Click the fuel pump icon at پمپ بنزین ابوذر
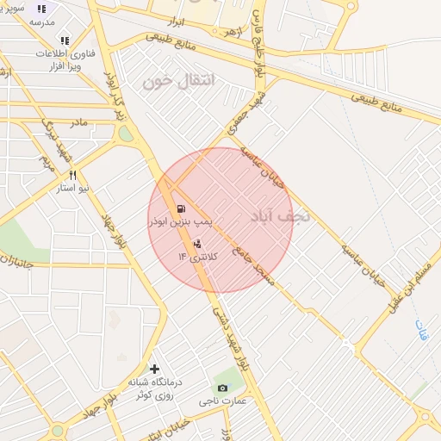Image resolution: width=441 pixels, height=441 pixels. [180, 208]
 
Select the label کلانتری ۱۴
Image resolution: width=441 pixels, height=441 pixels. [199, 257]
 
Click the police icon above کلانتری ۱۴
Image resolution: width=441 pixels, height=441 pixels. [197, 243]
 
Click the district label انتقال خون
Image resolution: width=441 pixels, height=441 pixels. [180, 82]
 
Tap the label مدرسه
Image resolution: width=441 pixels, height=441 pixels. [42, 21]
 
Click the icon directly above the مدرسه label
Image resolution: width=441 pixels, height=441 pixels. [41, 9]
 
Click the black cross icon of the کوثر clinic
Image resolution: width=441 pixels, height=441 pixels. [154, 369]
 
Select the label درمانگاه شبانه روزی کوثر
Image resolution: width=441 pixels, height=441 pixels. [152, 388]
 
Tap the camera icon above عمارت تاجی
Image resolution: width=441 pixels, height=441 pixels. [223, 388]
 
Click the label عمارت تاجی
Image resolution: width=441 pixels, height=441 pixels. [223, 401]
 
